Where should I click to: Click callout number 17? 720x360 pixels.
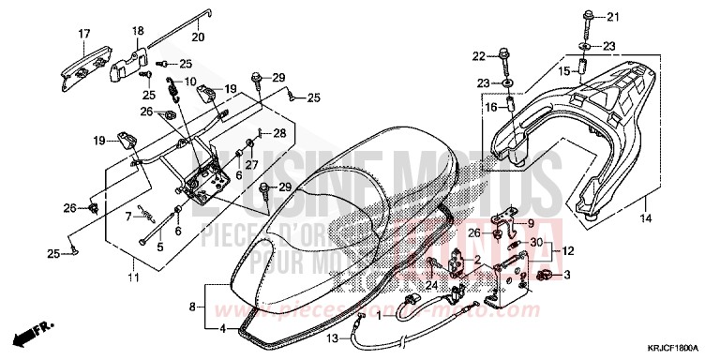(84, 35)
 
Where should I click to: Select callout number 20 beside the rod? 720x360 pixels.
(197, 37)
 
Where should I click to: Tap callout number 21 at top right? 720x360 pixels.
(613, 16)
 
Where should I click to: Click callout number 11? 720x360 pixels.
(132, 277)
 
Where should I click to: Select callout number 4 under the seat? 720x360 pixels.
(222, 329)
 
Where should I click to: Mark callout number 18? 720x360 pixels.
(137, 30)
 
